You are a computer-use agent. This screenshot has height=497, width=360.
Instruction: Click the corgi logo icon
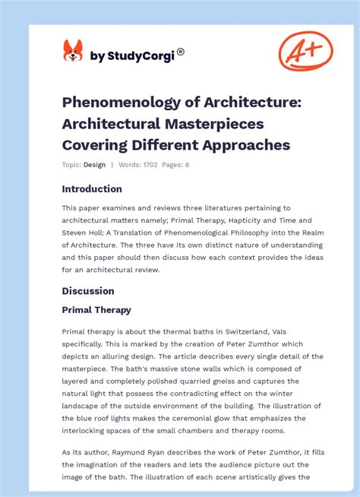tap(73, 52)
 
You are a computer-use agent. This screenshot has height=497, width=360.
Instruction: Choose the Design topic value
tap(95, 165)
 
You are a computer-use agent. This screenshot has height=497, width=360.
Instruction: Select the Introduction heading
tap(92, 189)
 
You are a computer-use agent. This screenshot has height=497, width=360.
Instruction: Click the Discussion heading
tap(88, 291)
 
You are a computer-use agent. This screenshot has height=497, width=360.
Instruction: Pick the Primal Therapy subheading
tap(96, 310)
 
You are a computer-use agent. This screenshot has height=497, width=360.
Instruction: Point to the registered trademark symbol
tap(181, 52)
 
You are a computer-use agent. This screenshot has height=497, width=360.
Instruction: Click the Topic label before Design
tap(71, 165)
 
